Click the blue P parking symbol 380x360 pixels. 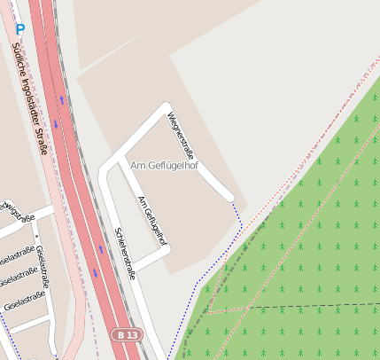[x=19, y=28]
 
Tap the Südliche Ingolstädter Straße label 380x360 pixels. [x=30, y=97]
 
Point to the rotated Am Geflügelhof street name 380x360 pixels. [x=152, y=220]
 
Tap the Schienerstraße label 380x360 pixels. [x=125, y=254]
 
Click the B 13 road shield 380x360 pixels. [x=127, y=335]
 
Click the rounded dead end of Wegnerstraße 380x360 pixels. [x=229, y=196]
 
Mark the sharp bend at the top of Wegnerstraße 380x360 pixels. [x=166, y=109]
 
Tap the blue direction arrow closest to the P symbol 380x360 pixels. [x=61, y=99]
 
